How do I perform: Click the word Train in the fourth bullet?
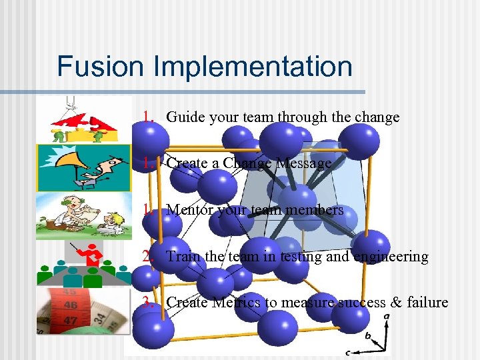point(181,256)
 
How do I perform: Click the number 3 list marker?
point(147,302)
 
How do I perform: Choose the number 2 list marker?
point(147,256)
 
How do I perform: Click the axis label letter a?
point(387,317)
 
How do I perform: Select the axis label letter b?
point(367,336)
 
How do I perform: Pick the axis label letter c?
point(348,351)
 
